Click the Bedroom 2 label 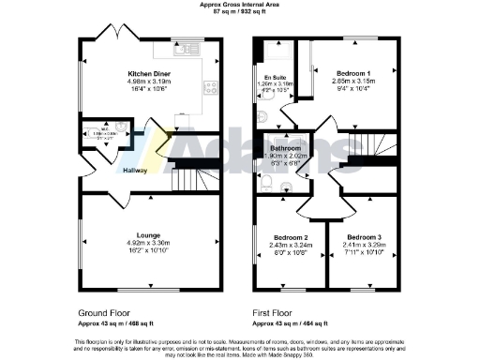tap(292, 238)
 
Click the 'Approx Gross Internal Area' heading tap(240, 4)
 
